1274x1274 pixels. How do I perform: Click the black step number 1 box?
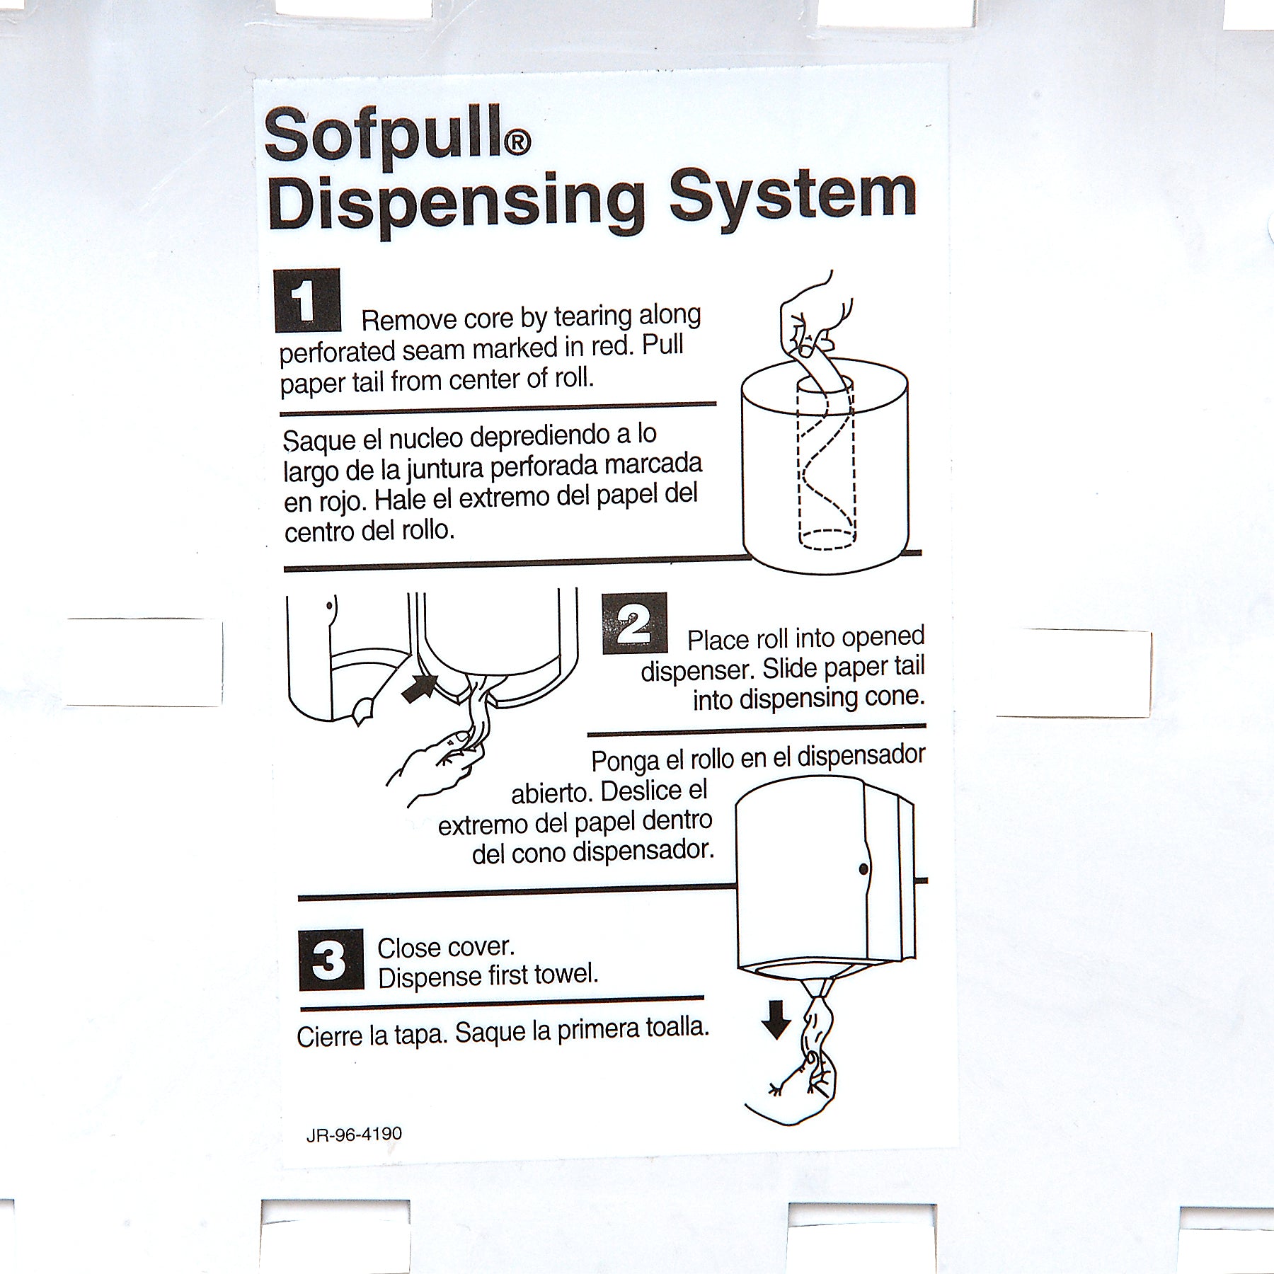pyautogui.click(x=307, y=300)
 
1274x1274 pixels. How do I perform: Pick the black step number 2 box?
pyautogui.click(x=635, y=623)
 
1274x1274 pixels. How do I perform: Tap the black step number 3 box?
pyautogui.click(x=331, y=960)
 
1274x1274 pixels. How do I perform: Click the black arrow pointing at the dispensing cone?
pyautogui.click(x=420, y=689)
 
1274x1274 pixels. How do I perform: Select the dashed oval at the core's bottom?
pyautogui.click(x=827, y=539)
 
